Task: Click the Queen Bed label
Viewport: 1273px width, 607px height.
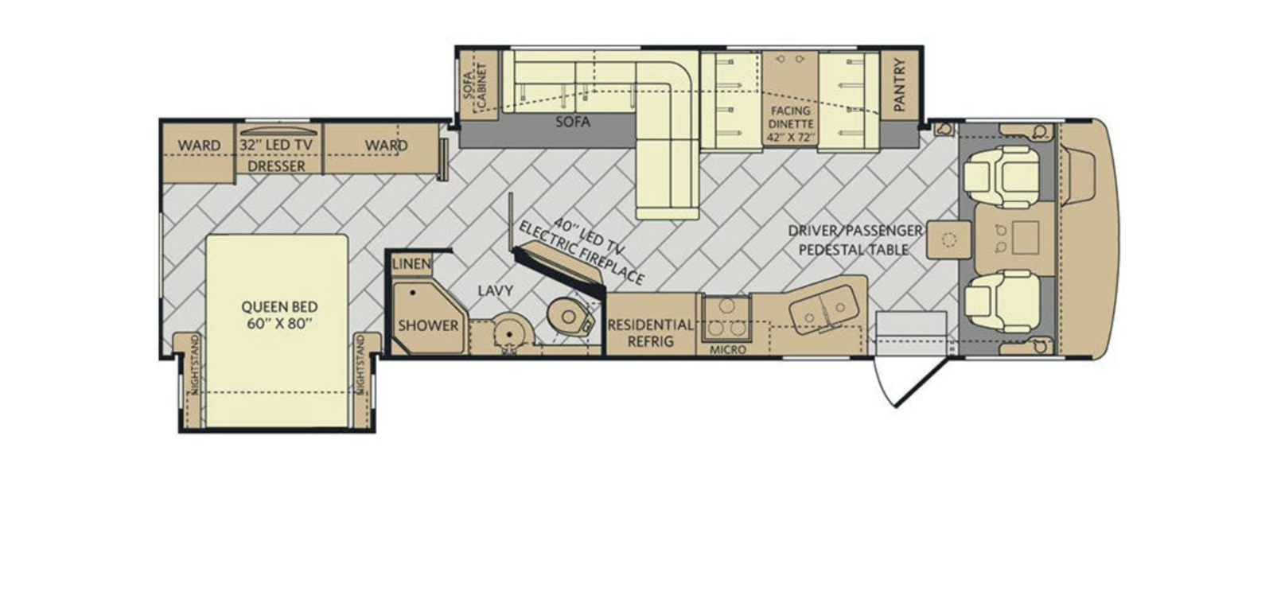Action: pyautogui.click(x=279, y=315)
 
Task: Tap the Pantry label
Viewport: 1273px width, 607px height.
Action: pyautogui.click(x=899, y=84)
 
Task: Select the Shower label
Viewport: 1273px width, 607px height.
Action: pyautogui.click(x=428, y=325)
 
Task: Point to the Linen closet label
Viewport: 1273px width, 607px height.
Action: pyautogui.click(x=411, y=263)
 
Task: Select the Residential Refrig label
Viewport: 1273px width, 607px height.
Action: pyautogui.click(x=651, y=333)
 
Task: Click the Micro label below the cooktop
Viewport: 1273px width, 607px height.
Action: pyautogui.click(x=727, y=350)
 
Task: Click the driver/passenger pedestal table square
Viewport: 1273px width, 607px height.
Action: pyautogui.click(x=948, y=239)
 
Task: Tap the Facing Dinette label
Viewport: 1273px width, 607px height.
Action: pyautogui.click(x=791, y=124)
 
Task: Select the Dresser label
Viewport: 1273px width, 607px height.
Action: pyautogui.click(x=277, y=166)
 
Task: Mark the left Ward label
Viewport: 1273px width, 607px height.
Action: pyautogui.click(x=199, y=146)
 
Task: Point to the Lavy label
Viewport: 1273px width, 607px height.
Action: pyautogui.click(x=496, y=291)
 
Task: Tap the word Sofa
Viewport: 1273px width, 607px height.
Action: pyautogui.click(x=573, y=122)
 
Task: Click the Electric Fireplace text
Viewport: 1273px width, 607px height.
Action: pyautogui.click(x=582, y=253)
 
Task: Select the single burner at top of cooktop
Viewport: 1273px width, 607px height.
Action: pyautogui.click(x=727, y=305)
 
